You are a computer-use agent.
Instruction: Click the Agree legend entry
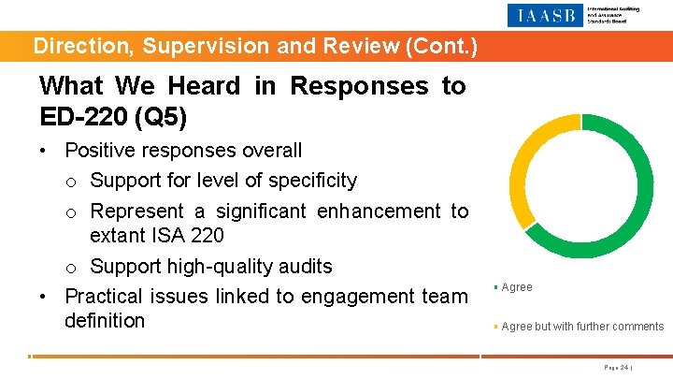point(517,287)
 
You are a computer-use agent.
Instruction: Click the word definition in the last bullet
point(105,321)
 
